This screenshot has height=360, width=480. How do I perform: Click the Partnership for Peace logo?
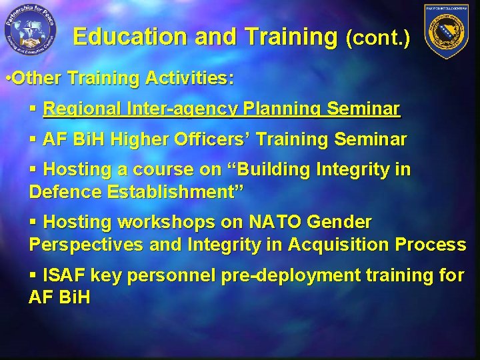click(29, 31)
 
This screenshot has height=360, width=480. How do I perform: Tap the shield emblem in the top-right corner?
click(447, 31)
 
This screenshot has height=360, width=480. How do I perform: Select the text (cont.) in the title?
click(377, 38)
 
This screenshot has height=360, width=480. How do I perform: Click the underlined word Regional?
click(82, 109)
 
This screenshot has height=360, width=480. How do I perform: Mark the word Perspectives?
click(85, 245)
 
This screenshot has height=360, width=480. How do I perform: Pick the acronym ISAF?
click(64, 275)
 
